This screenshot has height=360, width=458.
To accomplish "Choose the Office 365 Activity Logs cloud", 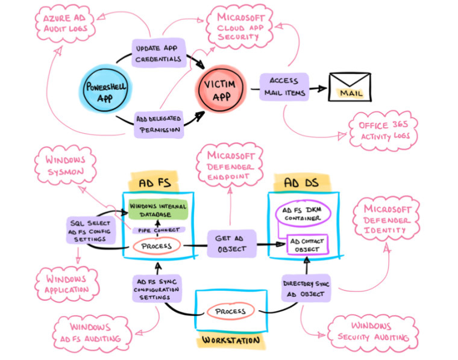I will coord(383,130).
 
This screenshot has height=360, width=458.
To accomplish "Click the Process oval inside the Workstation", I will coord(230,311).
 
